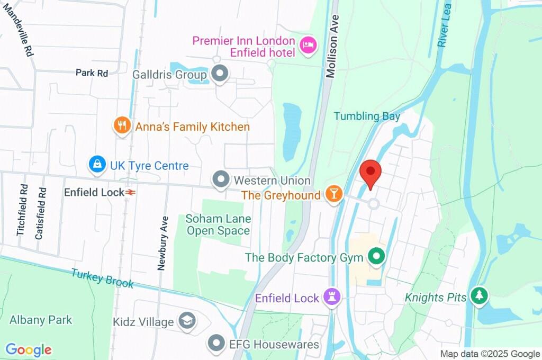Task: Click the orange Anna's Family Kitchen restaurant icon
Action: tap(122, 126)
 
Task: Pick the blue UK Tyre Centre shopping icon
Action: tap(97, 165)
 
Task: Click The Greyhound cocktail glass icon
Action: tap(333, 194)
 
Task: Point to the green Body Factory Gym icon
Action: tap(376, 257)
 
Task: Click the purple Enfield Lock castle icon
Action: tap(332, 298)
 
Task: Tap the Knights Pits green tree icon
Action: tap(479, 296)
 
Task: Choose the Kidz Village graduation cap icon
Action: tap(187, 321)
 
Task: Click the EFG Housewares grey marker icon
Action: tap(217, 344)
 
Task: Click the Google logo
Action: tap(29, 350)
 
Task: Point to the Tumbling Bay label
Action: tap(367, 116)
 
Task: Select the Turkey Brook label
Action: tap(103, 277)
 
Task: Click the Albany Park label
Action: tap(41, 320)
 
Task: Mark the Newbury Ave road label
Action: tap(164, 243)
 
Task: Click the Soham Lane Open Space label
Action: tap(218, 224)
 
